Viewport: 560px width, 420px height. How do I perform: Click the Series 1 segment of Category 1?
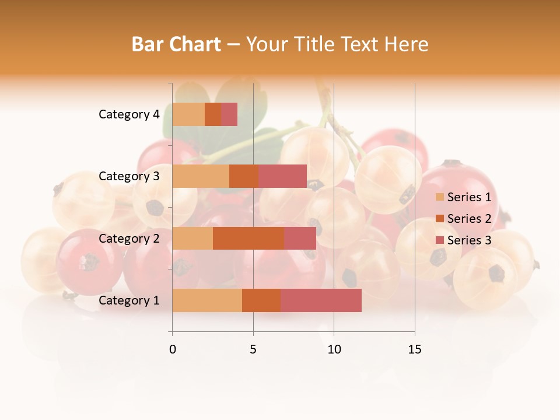(207, 300)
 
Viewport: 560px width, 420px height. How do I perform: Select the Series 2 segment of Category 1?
(261, 300)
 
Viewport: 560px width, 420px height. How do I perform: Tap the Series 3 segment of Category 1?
(321, 300)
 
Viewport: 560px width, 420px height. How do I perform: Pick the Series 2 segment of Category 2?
(249, 239)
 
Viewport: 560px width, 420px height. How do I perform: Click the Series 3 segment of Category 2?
(300, 239)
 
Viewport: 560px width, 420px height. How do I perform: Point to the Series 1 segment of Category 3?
(201, 176)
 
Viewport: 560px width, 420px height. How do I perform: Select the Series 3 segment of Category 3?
(282, 176)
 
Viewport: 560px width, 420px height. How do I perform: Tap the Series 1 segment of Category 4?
(188, 114)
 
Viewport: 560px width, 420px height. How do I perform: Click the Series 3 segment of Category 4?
(229, 114)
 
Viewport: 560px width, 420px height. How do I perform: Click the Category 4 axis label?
(129, 114)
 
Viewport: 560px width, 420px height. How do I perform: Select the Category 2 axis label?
(129, 239)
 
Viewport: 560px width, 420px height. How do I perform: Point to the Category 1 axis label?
(129, 300)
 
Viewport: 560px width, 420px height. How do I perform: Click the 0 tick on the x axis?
(173, 349)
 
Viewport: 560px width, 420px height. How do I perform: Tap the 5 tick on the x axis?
(253, 349)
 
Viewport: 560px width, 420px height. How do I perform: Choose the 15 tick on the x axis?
(415, 349)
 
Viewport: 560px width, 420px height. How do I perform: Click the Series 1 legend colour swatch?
(439, 197)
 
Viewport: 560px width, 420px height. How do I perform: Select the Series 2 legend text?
(469, 219)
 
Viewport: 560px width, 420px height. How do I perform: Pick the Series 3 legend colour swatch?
(439, 240)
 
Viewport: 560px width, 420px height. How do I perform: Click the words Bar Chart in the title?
(176, 44)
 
